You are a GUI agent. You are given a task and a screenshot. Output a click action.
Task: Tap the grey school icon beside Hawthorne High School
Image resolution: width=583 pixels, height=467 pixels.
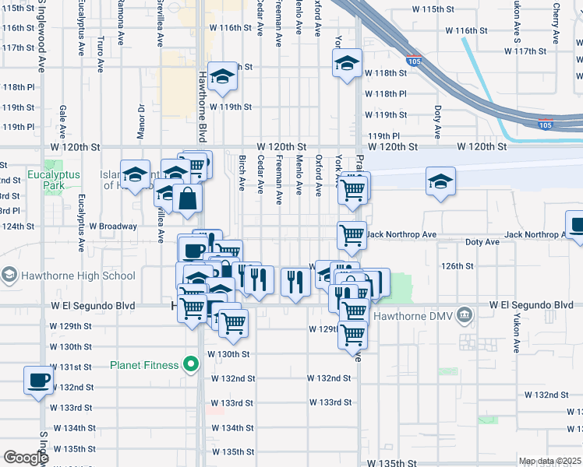point(9,275)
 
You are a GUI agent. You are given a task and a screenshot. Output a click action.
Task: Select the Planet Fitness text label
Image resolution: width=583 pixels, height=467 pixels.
point(145,364)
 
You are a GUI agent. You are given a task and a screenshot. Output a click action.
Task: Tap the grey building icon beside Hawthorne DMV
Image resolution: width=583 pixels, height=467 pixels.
point(465,315)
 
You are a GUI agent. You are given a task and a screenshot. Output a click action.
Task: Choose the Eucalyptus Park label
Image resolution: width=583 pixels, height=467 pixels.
point(54,181)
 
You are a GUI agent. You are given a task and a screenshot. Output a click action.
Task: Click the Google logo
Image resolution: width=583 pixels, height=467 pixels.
point(26,458)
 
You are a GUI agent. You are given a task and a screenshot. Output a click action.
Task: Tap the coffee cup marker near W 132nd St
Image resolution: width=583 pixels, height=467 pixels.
point(38,381)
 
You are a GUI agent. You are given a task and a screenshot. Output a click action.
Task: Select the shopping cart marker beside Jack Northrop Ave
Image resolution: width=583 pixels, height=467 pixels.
point(352,233)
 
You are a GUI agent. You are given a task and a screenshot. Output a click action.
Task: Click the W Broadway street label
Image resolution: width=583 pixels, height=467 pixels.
point(114,226)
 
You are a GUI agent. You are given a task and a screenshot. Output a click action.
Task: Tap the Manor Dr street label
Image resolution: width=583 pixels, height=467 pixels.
point(141,117)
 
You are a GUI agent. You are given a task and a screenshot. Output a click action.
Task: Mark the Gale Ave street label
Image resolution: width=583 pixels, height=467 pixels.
point(62,118)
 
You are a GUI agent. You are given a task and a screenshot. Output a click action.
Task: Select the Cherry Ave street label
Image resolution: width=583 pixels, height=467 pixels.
point(556,23)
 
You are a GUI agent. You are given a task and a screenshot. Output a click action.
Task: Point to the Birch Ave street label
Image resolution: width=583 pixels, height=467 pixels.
point(242,174)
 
